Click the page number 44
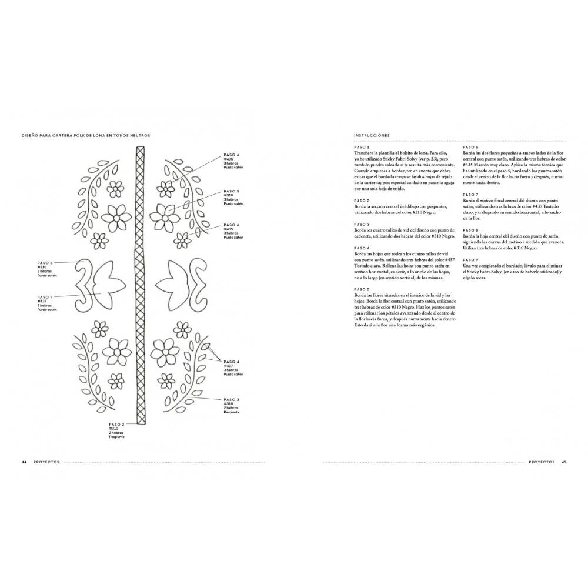point(24,462)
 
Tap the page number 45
point(563,462)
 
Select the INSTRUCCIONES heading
point(372,135)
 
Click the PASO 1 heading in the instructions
point(362,146)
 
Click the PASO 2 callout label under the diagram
point(116,424)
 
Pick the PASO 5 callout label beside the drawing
point(232,191)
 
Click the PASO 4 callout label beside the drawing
point(232,362)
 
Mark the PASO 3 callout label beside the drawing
point(232,399)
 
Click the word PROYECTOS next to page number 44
point(46,462)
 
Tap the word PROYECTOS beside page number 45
point(542,462)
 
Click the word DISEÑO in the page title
point(30,135)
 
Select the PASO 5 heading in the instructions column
point(362,289)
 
